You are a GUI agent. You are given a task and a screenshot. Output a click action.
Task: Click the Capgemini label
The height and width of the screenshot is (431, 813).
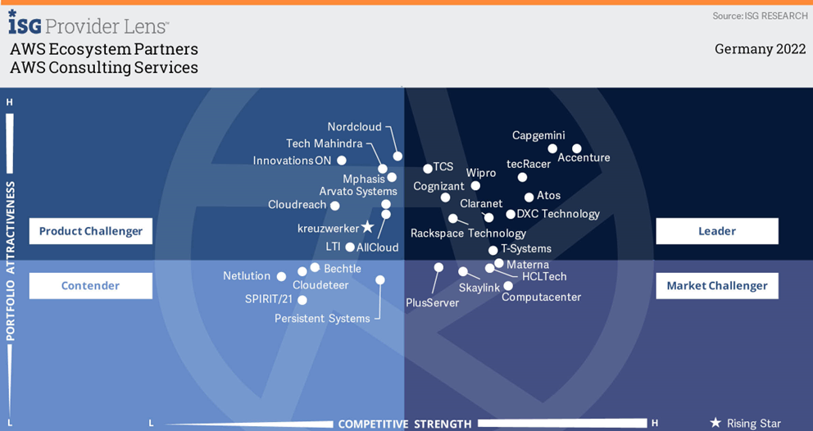point(538,135)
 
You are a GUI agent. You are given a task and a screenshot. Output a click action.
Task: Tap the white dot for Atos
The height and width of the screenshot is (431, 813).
point(529,197)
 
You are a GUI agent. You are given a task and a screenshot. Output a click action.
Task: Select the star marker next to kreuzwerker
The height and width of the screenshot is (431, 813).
point(368,227)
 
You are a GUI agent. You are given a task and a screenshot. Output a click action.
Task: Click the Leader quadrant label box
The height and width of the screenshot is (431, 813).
point(716,231)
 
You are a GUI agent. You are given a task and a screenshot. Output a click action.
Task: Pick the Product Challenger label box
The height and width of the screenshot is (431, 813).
point(90,231)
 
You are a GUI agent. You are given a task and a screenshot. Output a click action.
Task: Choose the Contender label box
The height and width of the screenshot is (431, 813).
point(90,286)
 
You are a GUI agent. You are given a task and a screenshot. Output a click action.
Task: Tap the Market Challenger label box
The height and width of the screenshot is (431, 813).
point(716,286)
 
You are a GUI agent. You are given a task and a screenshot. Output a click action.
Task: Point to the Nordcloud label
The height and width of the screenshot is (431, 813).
point(355,127)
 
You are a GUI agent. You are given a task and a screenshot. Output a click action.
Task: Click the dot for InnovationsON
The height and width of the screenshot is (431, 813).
point(342,161)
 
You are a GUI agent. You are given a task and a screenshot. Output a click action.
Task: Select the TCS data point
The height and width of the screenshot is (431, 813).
point(428,169)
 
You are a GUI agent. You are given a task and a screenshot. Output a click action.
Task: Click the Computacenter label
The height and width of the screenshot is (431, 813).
point(541,297)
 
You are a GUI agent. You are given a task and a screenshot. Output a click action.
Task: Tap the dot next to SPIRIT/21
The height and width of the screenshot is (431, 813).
point(302,300)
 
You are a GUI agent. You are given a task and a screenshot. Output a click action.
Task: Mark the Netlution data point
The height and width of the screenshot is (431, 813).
point(281,277)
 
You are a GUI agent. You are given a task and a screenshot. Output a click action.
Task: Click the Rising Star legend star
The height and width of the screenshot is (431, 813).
point(715,423)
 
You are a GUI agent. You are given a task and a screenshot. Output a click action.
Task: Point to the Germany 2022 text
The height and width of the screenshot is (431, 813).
point(755,49)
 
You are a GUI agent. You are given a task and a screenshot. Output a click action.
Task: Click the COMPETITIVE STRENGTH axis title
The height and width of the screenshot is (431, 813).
point(405,424)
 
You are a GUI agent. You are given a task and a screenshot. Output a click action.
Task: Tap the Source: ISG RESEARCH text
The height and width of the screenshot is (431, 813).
point(760,16)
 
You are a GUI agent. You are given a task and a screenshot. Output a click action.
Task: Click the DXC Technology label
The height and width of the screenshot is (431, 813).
point(558,214)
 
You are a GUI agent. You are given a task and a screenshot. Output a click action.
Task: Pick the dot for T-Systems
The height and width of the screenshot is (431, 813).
point(493,251)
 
